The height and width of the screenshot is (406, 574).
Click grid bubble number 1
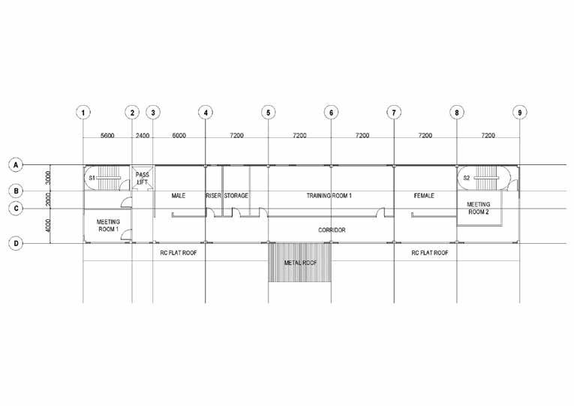83,113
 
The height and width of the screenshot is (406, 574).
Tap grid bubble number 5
269,113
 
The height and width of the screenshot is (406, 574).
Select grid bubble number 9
519,113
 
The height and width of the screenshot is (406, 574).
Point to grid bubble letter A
14,164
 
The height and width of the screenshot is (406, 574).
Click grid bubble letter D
14,242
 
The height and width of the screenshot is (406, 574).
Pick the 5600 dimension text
107,136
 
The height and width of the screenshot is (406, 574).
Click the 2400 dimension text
143,136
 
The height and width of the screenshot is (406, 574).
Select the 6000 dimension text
179,136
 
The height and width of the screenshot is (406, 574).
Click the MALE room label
179,196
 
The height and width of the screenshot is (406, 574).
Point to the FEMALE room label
425,196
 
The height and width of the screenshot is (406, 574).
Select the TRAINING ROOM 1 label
329,196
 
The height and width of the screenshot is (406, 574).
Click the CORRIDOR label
332,230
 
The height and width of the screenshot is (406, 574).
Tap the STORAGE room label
236,196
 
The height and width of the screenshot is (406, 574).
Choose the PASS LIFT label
142,178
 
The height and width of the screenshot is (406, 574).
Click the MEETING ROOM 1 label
108,225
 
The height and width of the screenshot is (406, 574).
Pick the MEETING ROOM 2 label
479,208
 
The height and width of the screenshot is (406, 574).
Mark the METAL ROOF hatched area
299,263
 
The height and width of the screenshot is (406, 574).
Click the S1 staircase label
92,179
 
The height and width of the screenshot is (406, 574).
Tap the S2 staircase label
466,179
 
